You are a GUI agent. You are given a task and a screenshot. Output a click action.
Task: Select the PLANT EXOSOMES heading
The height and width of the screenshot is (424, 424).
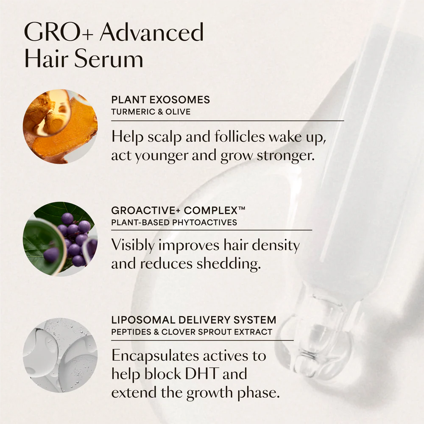(160, 100)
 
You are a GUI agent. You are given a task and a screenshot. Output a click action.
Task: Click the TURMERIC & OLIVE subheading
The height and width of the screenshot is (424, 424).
(151, 112)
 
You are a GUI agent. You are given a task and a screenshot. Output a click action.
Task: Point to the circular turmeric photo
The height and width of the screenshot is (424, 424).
(60, 126)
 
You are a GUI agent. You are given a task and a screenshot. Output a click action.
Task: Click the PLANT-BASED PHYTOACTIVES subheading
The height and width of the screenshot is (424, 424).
(174, 222)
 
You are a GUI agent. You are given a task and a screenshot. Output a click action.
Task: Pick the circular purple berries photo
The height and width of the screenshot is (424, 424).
(60, 239)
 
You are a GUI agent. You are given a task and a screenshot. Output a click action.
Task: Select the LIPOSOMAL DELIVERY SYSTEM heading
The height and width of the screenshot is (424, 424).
(194, 320)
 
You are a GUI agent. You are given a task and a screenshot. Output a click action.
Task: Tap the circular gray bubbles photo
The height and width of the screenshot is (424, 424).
(60, 355)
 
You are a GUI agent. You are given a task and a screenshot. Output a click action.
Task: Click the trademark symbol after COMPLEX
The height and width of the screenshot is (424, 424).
(241, 209)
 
